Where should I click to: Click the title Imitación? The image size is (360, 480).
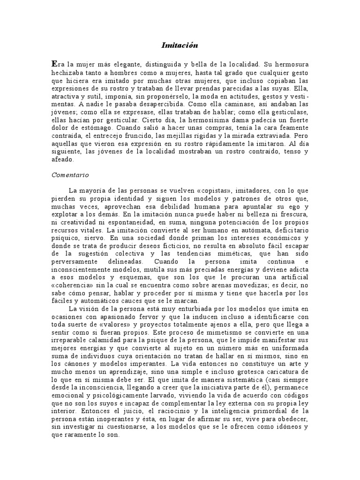click(x=180, y=45)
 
